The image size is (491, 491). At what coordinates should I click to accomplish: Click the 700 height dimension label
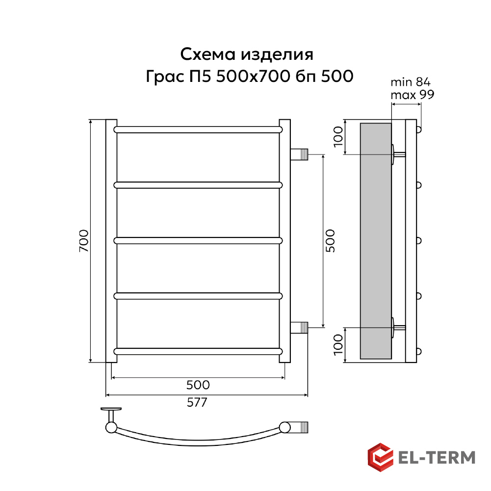click(x=84, y=241)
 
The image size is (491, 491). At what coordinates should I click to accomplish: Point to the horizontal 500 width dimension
click(x=198, y=385)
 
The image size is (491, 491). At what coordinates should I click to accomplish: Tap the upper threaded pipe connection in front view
click(x=300, y=154)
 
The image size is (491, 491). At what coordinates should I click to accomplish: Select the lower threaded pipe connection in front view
click(x=300, y=327)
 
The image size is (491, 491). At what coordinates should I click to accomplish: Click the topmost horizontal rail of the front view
click(x=198, y=130)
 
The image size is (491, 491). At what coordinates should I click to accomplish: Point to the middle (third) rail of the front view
click(x=198, y=241)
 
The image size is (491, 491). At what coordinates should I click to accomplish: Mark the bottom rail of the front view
click(x=198, y=351)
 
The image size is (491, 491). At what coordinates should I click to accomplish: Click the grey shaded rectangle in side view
click(x=376, y=240)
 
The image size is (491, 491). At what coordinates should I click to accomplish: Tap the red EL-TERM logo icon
click(x=381, y=457)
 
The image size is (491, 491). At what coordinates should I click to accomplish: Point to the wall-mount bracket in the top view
click(x=111, y=414)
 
